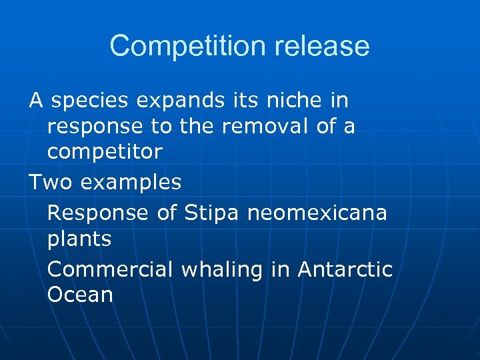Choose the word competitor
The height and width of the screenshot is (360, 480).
[105, 152]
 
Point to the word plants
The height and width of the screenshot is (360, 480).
[79, 239]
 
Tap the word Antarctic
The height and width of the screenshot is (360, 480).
[345, 269]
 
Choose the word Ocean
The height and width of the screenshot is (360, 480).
[80, 295]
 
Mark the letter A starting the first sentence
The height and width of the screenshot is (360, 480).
[36, 101]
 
